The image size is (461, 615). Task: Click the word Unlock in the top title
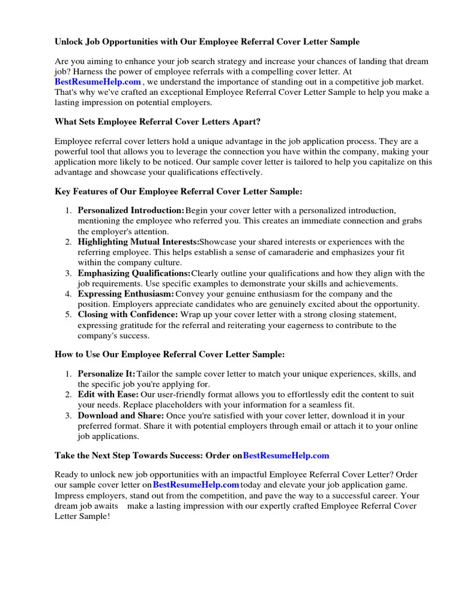[69, 42]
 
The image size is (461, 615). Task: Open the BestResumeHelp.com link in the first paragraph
[98, 82]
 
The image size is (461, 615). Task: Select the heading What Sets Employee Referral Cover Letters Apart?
[157, 121]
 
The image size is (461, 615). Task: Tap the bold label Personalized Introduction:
[131, 211]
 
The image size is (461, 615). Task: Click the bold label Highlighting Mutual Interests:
[138, 242]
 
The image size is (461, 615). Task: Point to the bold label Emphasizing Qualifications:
[134, 273]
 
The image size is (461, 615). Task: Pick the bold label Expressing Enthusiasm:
[125, 294]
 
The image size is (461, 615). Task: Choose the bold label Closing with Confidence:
[127, 315]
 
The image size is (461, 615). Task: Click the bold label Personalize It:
[106, 374]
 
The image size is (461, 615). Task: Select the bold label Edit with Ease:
[108, 395]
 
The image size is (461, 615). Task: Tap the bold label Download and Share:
[120, 416]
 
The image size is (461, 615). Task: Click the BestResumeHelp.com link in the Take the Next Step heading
[286, 456]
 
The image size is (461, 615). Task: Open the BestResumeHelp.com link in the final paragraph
[196, 485]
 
